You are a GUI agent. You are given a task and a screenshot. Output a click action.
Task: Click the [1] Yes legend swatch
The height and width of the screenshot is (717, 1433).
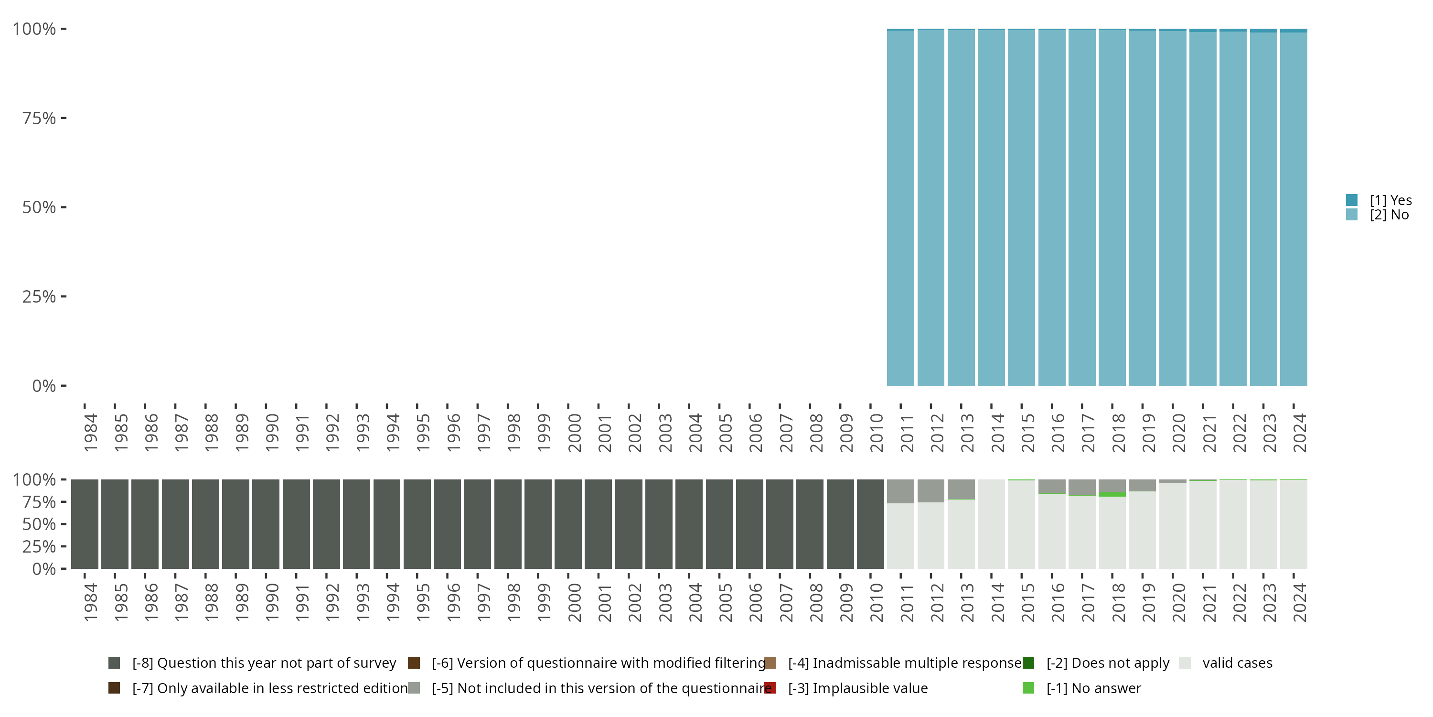click(x=1351, y=200)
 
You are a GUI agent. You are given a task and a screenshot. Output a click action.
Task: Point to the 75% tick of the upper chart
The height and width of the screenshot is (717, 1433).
click(x=64, y=118)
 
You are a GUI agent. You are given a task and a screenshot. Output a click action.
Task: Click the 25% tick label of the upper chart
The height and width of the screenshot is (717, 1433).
click(x=39, y=297)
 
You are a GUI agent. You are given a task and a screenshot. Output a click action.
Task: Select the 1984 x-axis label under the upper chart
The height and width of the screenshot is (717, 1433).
click(x=90, y=433)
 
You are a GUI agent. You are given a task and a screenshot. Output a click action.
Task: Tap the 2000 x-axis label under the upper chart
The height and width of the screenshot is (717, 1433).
click(x=574, y=433)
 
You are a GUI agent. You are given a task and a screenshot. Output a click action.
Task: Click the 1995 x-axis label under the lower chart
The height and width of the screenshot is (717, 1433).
click(x=423, y=602)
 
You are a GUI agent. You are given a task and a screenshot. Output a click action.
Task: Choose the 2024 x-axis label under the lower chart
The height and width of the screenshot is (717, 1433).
click(x=1299, y=602)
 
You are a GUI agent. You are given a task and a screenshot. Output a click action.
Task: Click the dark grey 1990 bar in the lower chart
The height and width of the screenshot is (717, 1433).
click(x=266, y=524)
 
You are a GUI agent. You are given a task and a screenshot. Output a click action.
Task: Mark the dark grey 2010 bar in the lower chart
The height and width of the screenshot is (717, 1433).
click(x=870, y=524)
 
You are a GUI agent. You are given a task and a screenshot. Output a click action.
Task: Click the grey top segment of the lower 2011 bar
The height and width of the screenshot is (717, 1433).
click(x=900, y=491)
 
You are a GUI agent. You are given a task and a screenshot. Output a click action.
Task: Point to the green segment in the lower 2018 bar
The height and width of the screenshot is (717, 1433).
click(x=1112, y=494)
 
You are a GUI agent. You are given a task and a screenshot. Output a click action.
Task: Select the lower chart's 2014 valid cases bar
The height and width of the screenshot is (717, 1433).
click(x=991, y=524)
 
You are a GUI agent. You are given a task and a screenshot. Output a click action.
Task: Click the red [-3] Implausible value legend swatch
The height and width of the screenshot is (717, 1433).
click(x=770, y=688)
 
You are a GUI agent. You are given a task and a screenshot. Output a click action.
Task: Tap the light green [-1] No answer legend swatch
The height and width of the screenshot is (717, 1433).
click(x=1028, y=688)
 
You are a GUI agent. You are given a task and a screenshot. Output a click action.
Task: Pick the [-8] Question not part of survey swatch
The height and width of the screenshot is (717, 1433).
click(x=114, y=663)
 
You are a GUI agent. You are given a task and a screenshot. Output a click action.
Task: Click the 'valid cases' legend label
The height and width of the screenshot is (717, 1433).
click(x=1237, y=663)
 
